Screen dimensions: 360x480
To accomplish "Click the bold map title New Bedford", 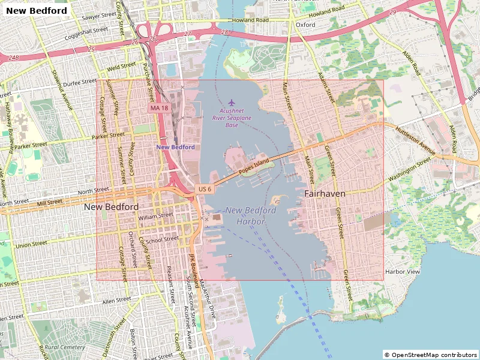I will tap(37, 10).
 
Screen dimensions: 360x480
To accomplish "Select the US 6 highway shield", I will tap(205, 189).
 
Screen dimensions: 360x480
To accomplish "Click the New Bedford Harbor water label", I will tap(251, 215).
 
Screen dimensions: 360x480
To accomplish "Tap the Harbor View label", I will tap(402, 272).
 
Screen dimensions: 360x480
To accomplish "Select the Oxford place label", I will tap(305, 25).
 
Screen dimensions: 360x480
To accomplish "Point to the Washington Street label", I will tap(410, 170).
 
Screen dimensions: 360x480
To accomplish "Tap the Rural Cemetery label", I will tap(64, 347).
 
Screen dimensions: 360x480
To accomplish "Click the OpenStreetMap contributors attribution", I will tap(431, 355).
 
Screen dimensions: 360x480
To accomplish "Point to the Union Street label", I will tap(31, 245).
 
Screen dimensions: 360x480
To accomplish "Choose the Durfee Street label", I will tap(80, 82).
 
